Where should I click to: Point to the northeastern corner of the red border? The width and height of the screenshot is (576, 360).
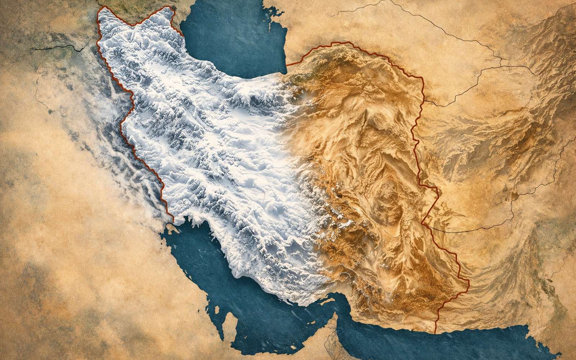click(421, 77)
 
